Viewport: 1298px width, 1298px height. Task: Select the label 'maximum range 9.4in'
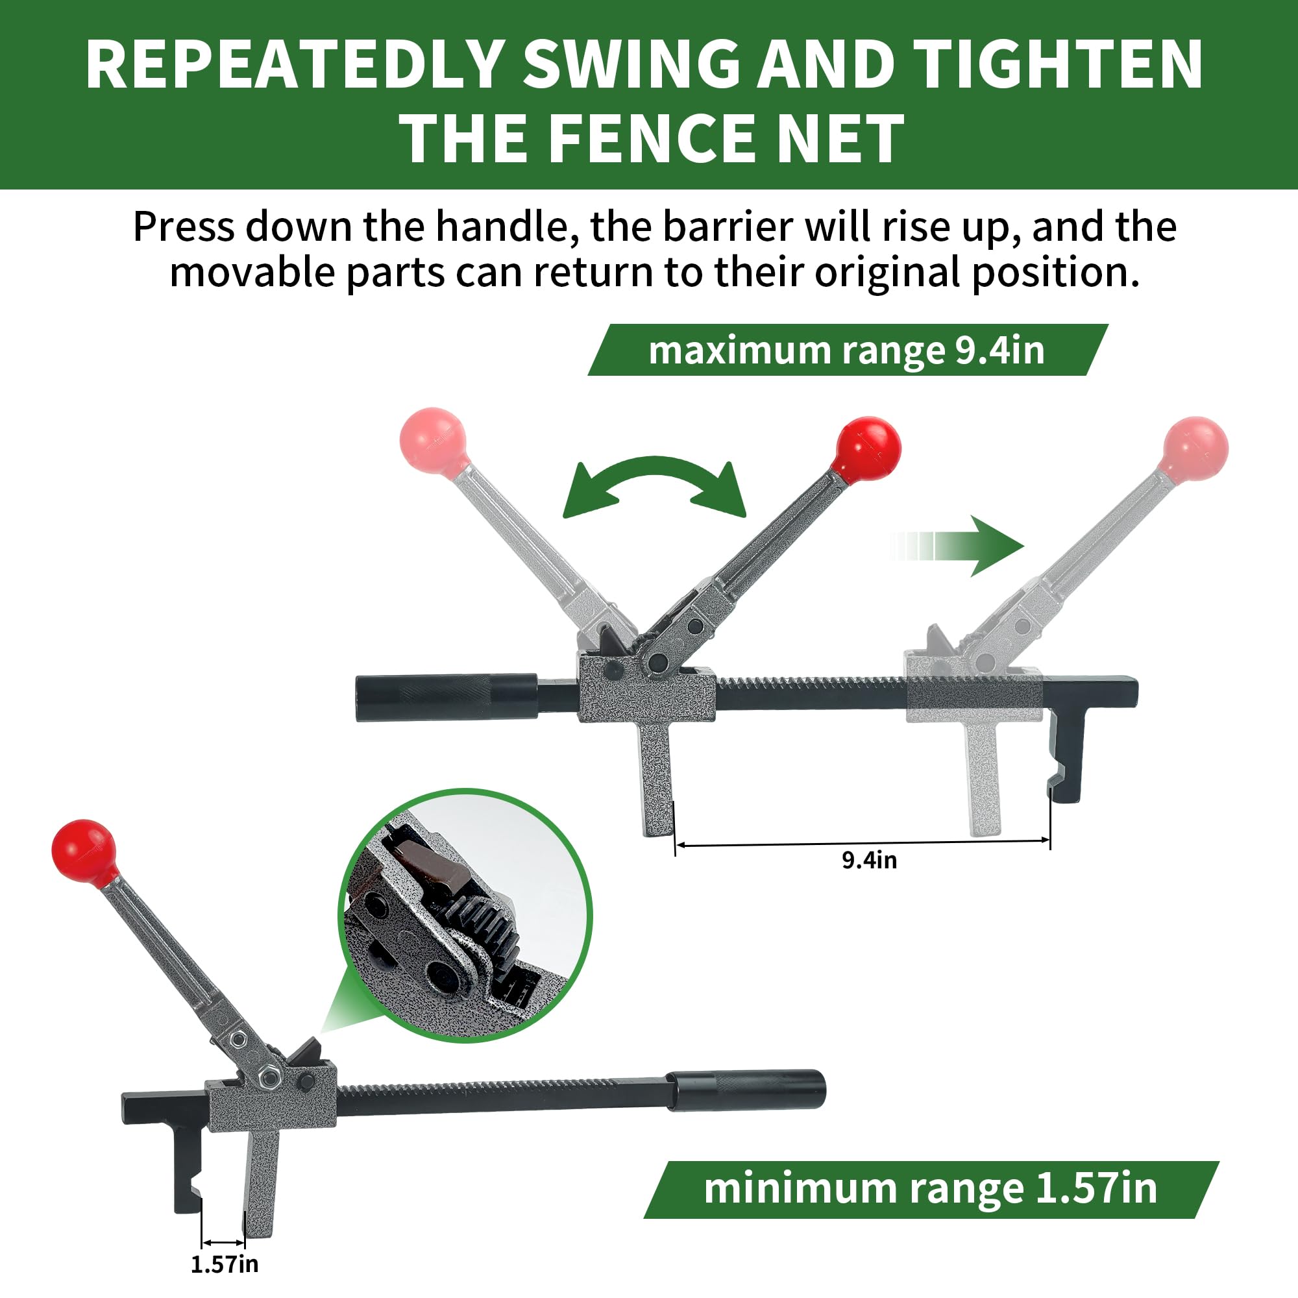click(847, 350)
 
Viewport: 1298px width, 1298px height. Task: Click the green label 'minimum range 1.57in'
click(931, 1189)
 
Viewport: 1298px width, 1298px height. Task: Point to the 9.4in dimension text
click(870, 860)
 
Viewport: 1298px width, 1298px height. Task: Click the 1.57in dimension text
click(225, 1264)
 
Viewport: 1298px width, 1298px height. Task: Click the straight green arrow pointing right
click(957, 546)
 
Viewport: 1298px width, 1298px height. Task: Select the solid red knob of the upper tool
click(867, 449)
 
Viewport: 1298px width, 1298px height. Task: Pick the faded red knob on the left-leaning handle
click(434, 441)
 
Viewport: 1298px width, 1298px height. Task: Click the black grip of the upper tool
click(446, 698)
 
